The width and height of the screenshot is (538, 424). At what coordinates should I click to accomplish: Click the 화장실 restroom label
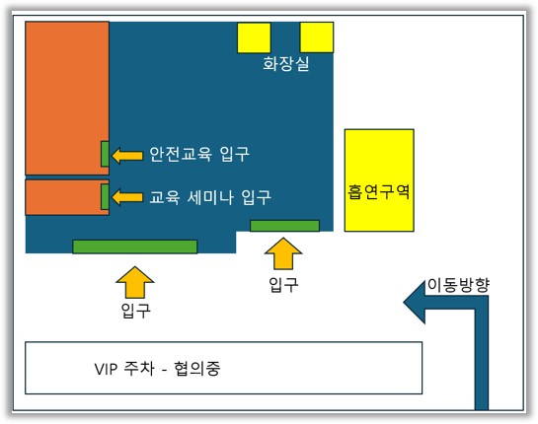pyautogui.click(x=286, y=64)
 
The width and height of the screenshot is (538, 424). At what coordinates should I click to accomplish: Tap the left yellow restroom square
pyautogui.click(x=254, y=37)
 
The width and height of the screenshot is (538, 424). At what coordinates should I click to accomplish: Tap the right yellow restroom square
pyautogui.click(x=317, y=37)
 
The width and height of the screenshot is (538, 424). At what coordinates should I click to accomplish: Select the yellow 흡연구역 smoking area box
pyautogui.click(x=379, y=180)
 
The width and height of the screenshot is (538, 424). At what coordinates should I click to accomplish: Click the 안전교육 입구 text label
pyautogui.click(x=199, y=154)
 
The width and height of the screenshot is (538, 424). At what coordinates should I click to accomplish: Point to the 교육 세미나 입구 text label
pyautogui.click(x=210, y=197)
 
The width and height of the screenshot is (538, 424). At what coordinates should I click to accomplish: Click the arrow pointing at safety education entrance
pyautogui.click(x=127, y=156)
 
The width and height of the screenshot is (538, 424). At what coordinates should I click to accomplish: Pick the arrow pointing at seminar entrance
pyautogui.click(x=127, y=197)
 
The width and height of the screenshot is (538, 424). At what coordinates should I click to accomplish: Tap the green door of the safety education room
pyautogui.click(x=105, y=154)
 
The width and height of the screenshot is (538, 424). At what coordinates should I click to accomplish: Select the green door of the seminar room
pyautogui.click(x=105, y=197)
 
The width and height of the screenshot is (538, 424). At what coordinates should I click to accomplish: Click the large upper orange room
pyautogui.click(x=67, y=99)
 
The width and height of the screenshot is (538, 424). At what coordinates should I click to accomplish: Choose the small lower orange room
pyautogui.click(x=67, y=197)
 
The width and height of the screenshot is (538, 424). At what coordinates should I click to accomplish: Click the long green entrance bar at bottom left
pyautogui.click(x=135, y=247)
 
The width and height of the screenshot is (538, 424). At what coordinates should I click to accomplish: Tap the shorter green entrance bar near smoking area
pyautogui.click(x=284, y=226)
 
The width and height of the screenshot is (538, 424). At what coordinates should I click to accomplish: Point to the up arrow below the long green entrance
pyautogui.click(x=135, y=282)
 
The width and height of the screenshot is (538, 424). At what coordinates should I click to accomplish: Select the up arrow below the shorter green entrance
pyautogui.click(x=283, y=253)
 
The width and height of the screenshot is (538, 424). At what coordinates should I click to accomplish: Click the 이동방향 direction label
pyautogui.click(x=458, y=285)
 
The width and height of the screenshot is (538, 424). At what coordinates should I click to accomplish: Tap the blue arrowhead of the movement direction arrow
pyautogui.click(x=415, y=303)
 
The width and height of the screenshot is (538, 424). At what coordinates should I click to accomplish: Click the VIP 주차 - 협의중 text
pyautogui.click(x=157, y=369)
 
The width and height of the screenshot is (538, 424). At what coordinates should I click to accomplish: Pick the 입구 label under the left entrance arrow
pyautogui.click(x=136, y=311)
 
